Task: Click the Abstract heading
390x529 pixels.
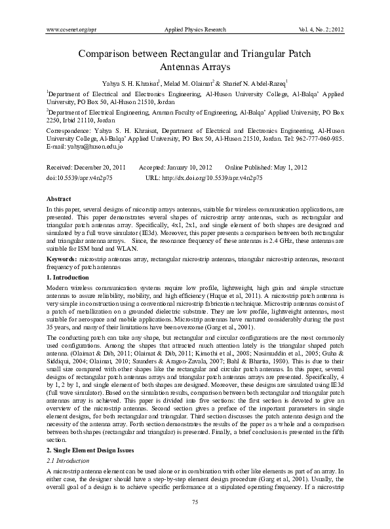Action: pos(59,198)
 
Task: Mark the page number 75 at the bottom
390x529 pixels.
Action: pos(195,520)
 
